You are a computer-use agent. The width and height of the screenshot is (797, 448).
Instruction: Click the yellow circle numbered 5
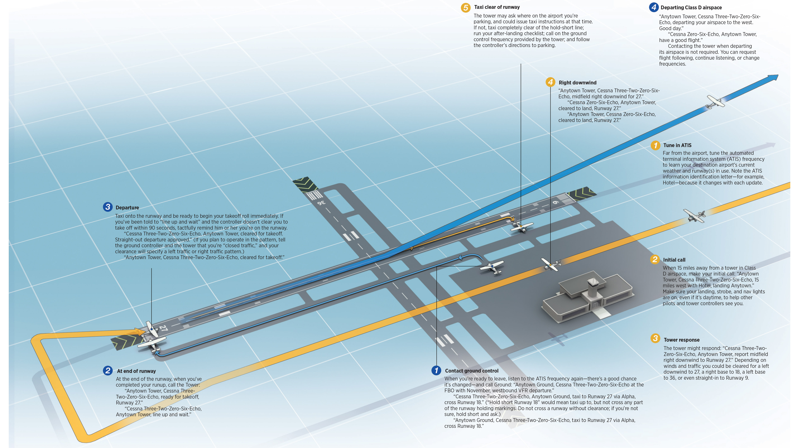click(x=465, y=7)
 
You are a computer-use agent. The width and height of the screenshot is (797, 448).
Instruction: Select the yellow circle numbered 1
click(x=655, y=145)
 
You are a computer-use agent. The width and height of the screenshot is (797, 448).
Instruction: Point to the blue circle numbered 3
click(x=107, y=207)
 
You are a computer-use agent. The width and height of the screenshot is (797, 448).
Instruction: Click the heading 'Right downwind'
click(x=577, y=83)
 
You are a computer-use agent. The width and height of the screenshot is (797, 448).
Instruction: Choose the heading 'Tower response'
click(x=681, y=340)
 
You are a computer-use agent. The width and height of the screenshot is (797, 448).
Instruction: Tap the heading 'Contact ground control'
click(x=471, y=371)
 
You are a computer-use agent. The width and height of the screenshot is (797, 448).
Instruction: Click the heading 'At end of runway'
click(x=136, y=371)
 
